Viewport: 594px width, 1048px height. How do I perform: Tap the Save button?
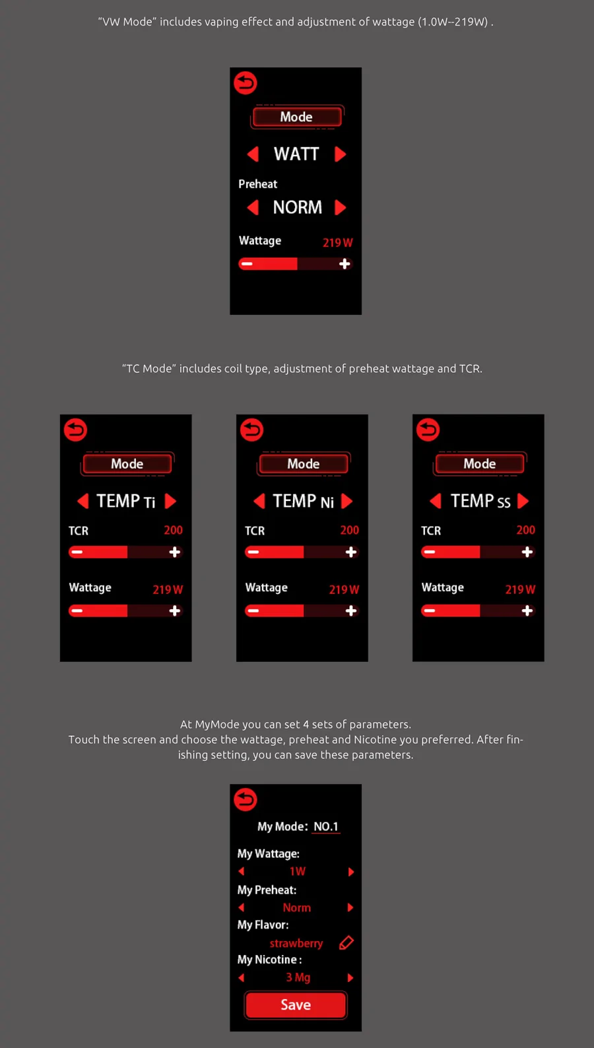[x=296, y=1004]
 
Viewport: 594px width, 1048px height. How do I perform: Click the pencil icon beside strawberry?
[x=346, y=942]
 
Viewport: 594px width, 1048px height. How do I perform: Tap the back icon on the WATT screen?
[x=246, y=83]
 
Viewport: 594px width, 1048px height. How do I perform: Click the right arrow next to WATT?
[x=341, y=154]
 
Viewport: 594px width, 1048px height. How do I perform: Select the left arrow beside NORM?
[x=253, y=207]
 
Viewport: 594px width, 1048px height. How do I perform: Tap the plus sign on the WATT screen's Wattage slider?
[x=345, y=264]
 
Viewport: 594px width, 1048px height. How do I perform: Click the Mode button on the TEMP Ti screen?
[x=127, y=464]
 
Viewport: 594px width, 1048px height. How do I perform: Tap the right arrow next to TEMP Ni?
[x=346, y=501]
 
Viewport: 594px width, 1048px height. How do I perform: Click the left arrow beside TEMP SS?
[x=436, y=501]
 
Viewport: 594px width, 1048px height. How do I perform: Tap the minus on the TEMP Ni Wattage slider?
[x=253, y=610]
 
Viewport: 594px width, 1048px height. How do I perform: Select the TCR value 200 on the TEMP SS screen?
[x=526, y=530]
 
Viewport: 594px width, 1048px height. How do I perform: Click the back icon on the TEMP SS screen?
[x=428, y=430]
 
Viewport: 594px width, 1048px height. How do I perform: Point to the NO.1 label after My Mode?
[x=325, y=826]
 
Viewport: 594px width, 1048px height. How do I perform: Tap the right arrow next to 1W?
[x=350, y=872]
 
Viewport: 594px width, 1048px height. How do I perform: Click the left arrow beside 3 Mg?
[x=242, y=977]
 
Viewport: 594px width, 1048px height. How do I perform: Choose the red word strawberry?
[x=296, y=943]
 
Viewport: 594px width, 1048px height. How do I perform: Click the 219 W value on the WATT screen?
[x=338, y=242]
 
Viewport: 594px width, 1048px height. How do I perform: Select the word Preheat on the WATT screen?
[x=257, y=184]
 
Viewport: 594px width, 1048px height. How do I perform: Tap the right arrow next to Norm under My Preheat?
[x=350, y=907]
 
